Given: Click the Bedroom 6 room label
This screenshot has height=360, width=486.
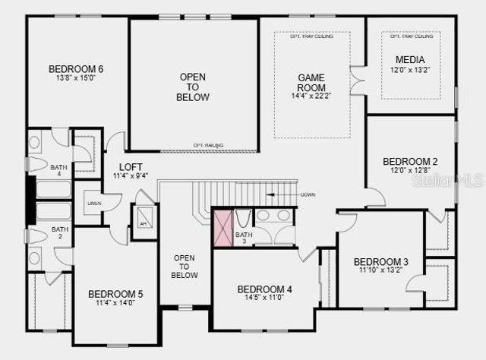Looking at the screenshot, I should pyautogui.click(x=76, y=69).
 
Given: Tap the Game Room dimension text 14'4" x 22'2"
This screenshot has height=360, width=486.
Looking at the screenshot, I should pyautogui.click(x=311, y=96).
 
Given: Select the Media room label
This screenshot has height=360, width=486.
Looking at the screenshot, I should pyautogui.click(x=410, y=60).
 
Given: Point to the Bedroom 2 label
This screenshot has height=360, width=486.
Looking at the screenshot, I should pyautogui.click(x=410, y=161).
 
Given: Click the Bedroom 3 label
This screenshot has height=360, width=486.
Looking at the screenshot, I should pyautogui.click(x=381, y=262).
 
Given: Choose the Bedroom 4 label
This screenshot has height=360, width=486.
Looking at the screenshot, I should pyautogui.click(x=264, y=289).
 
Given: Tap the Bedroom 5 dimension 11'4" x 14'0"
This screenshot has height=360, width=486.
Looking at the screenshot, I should pyautogui.click(x=115, y=303).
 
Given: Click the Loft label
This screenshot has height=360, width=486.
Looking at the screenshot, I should pyautogui.click(x=131, y=167).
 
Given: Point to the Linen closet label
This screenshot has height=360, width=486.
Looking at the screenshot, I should pyautogui.click(x=94, y=203).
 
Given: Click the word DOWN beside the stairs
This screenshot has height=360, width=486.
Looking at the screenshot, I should pyautogui.click(x=308, y=194).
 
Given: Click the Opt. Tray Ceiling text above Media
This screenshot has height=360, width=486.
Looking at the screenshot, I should pyautogui.click(x=412, y=36).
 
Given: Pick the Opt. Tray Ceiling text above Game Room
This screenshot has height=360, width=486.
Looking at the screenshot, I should pyautogui.click(x=311, y=36).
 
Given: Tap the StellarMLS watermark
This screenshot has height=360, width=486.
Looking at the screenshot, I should pyautogui.click(x=456, y=181).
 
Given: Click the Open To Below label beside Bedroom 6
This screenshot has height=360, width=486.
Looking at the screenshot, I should pyautogui.click(x=193, y=87).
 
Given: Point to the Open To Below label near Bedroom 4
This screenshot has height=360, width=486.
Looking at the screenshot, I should pyautogui.click(x=185, y=266).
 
